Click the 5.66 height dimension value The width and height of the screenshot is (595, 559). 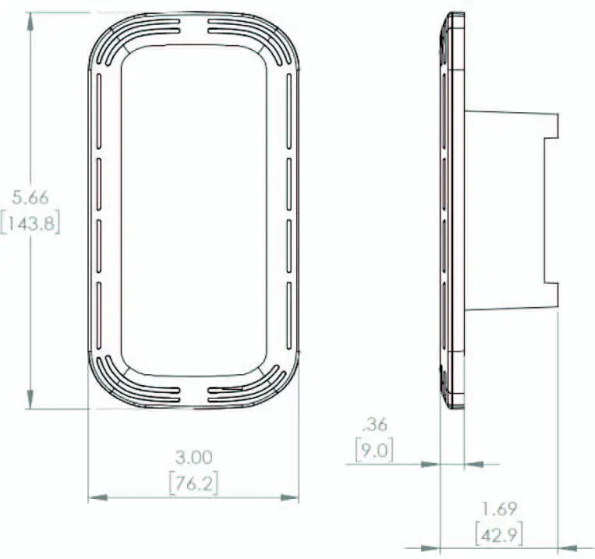[30, 198]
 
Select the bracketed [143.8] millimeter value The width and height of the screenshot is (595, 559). [30, 224]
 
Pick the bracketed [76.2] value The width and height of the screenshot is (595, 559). [193, 483]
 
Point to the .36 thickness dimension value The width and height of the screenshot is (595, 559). [374, 425]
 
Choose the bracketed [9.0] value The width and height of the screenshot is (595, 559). [374, 450]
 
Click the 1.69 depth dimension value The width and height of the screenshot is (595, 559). [498, 510]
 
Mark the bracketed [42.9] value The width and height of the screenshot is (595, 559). [498, 536]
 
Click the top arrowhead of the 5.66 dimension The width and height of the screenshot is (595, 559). [30, 17]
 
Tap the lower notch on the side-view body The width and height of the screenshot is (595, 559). [552, 293]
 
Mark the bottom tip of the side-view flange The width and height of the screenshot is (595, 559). [455, 407]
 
